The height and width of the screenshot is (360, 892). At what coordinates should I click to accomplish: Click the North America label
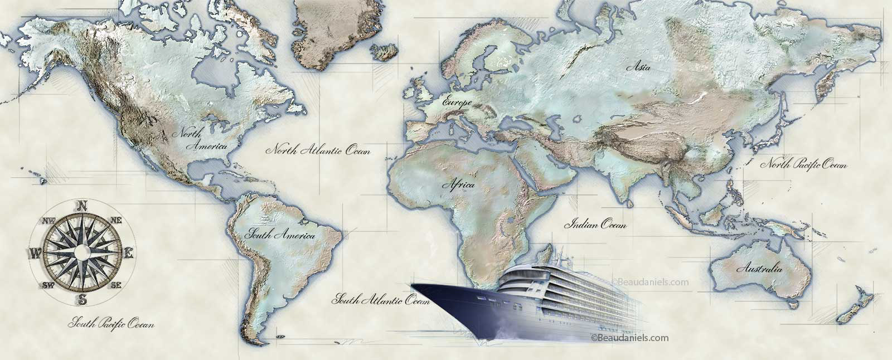[x=200, y=140]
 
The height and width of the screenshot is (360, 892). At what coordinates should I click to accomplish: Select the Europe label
[x=457, y=103]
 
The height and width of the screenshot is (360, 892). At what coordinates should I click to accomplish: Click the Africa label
[x=458, y=184]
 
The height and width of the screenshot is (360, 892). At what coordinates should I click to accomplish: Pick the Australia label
[x=759, y=269]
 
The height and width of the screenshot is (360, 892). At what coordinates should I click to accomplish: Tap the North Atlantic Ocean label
[x=318, y=150]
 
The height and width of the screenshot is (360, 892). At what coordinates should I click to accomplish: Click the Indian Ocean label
[x=596, y=225]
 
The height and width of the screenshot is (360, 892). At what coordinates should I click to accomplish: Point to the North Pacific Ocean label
[x=804, y=164]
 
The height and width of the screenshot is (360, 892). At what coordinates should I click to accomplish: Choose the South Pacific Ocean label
[x=111, y=323]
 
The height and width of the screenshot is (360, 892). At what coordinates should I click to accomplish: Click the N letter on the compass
[x=82, y=205]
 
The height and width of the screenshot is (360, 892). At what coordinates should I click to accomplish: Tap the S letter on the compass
[x=83, y=300]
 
